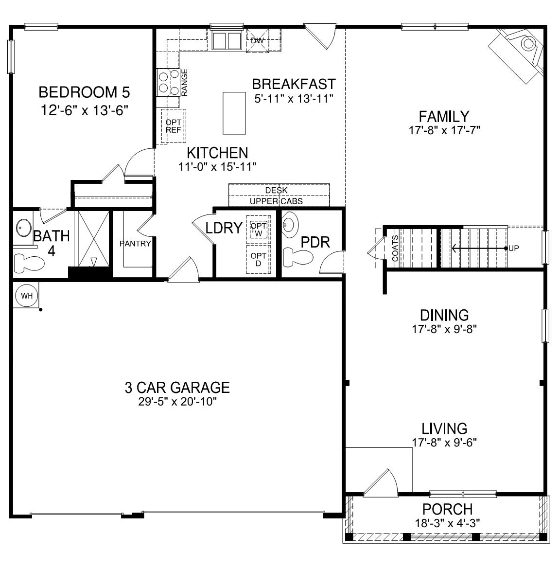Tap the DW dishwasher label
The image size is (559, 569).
point(257,41)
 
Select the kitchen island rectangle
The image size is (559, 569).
point(234,113)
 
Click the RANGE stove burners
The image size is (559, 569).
point(168,82)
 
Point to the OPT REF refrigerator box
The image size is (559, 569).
point(174,126)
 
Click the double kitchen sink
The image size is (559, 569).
point(227,40)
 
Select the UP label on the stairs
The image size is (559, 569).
point(514,248)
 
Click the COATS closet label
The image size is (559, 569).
point(395,249)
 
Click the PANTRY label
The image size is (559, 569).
point(135,244)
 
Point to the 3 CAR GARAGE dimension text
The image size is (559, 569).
point(177,402)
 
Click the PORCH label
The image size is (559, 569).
point(447,509)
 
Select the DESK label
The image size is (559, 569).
point(276,191)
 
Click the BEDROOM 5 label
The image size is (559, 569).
point(84,91)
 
